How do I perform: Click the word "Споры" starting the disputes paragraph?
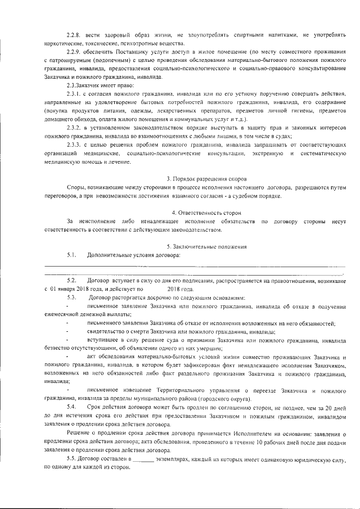(x=76, y=187)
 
